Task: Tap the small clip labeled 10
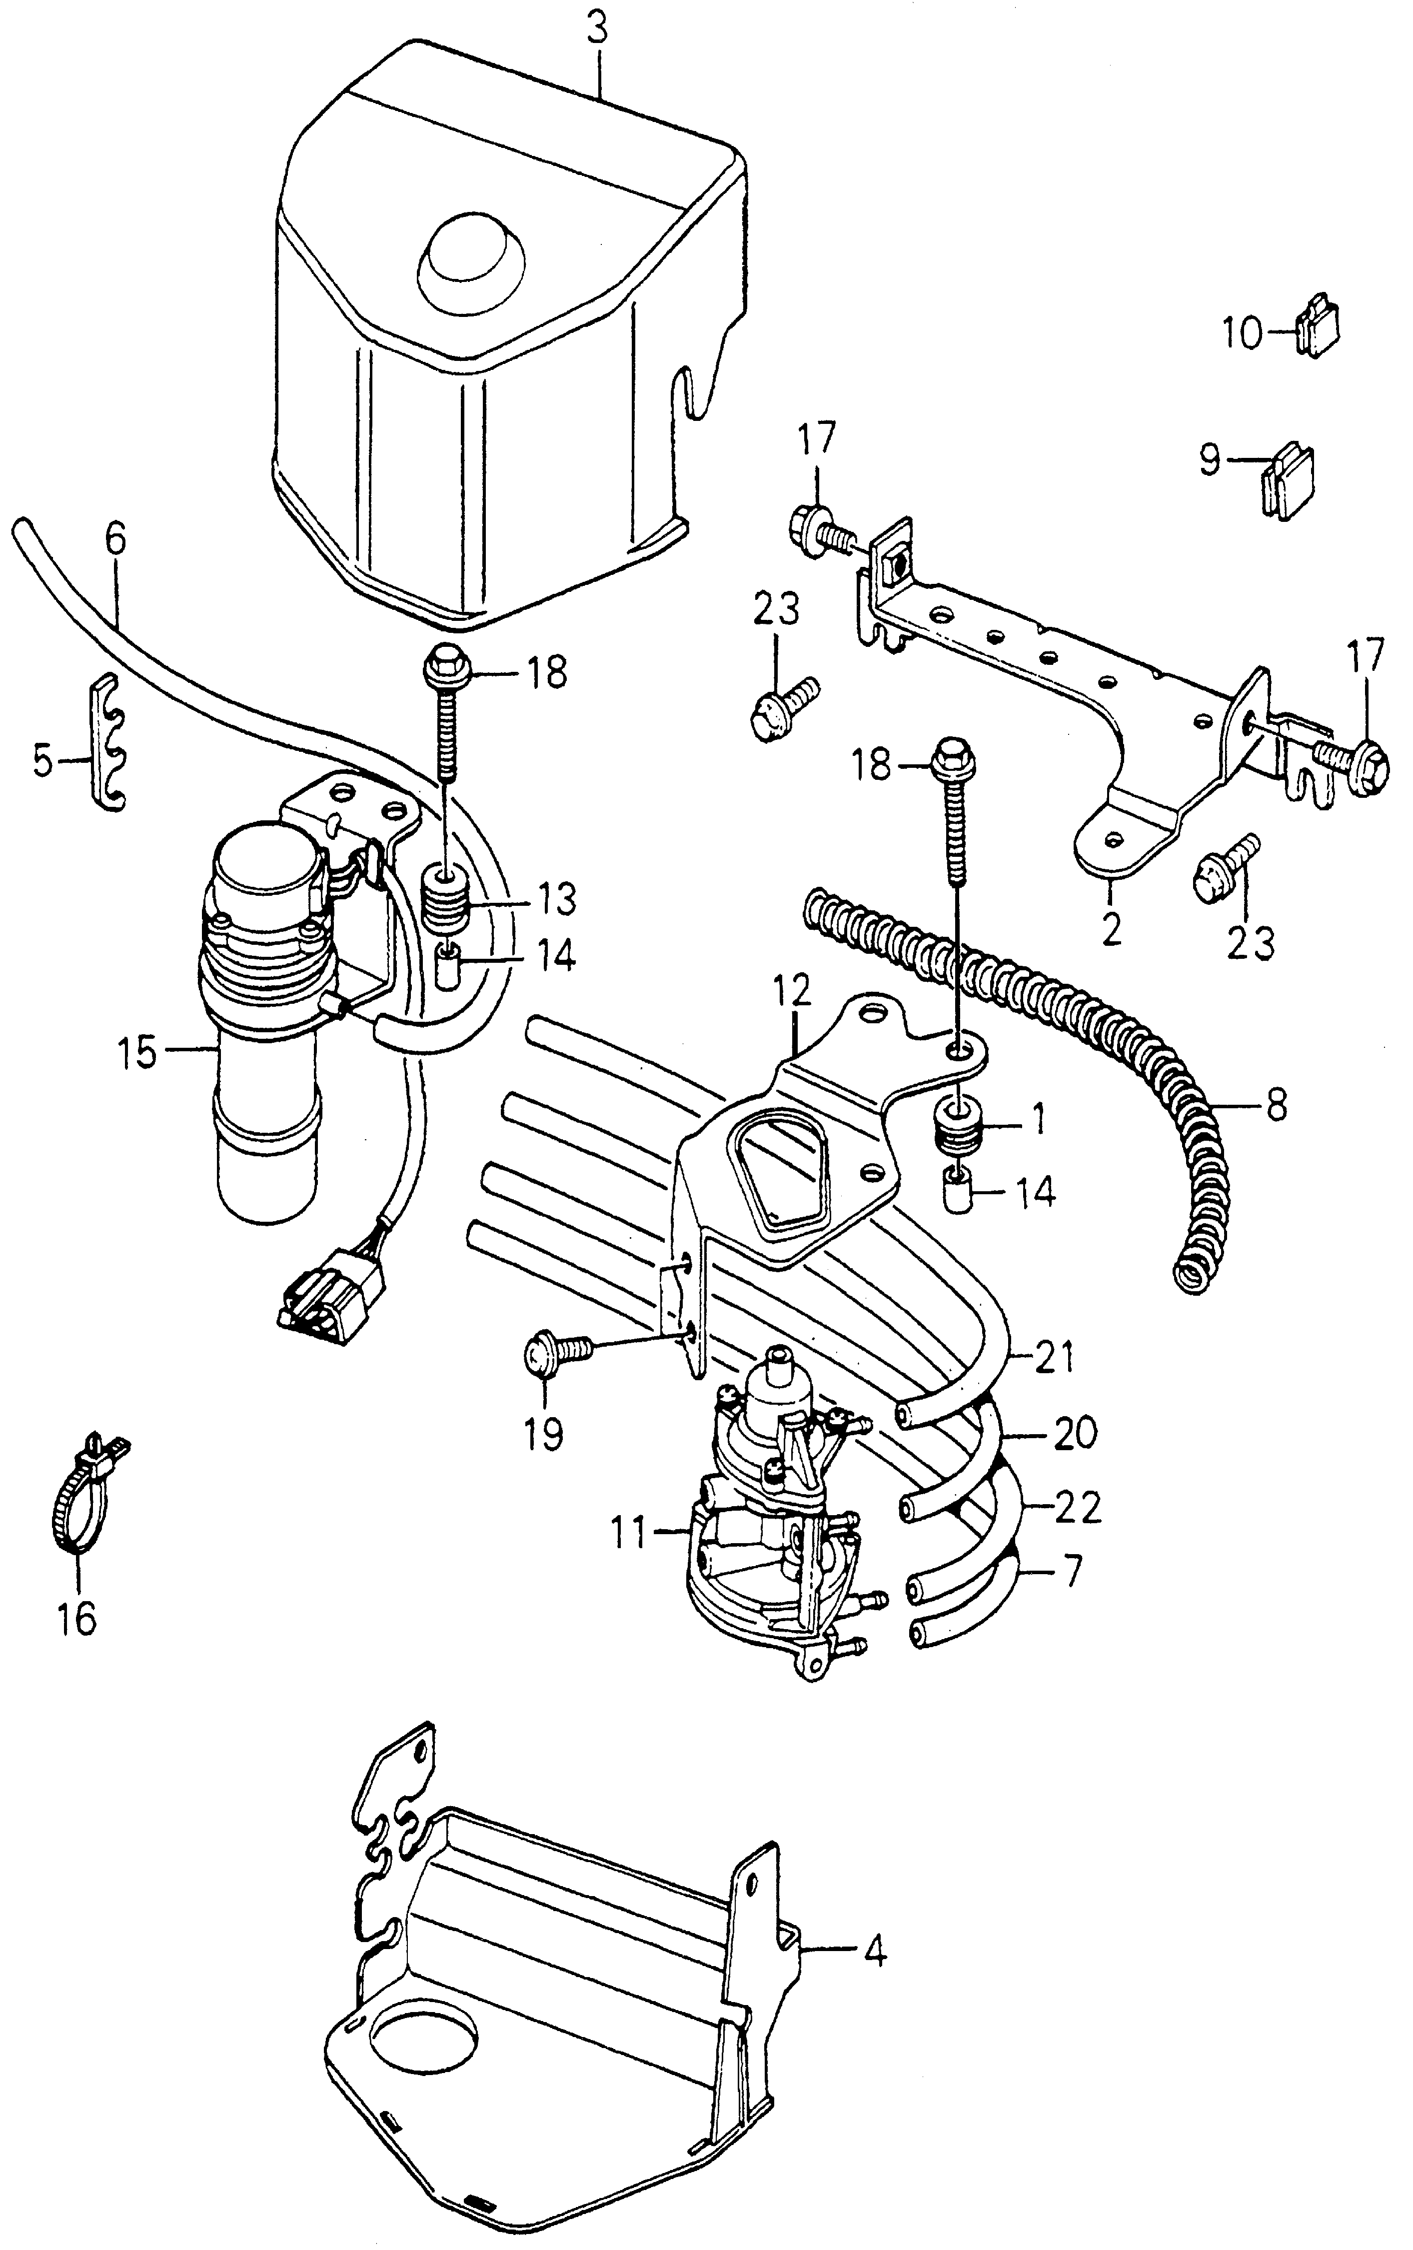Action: tap(1317, 328)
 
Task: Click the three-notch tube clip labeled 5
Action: tap(109, 743)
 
